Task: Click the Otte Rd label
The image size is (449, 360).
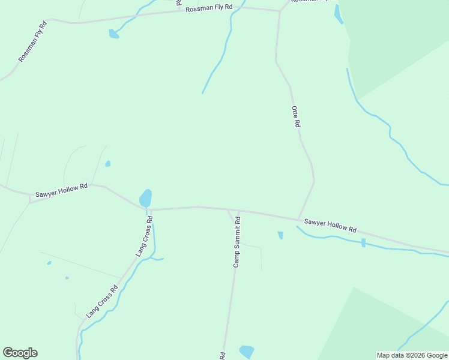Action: tap(295, 116)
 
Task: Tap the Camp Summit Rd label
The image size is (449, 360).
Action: tap(237, 242)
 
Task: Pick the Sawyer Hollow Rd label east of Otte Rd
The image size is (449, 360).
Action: tap(330, 226)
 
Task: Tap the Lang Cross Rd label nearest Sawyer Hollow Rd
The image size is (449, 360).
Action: tap(144, 236)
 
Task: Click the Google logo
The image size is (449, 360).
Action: tap(20, 353)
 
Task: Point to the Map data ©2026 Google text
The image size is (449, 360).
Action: tap(412, 355)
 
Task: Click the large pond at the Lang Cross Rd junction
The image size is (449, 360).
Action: tap(145, 197)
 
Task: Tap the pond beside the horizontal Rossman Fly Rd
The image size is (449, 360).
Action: tap(113, 34)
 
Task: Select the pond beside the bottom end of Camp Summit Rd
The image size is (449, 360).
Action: tap(247, 351)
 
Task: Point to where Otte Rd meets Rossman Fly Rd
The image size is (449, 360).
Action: tap(280, 11)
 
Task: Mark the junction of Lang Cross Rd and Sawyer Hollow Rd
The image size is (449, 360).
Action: tap(146, 210)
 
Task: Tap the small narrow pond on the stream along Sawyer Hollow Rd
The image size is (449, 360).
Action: tap(363, 242)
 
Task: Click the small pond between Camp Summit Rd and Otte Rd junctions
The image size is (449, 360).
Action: tap(280, 235)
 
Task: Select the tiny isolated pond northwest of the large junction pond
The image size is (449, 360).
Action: tap(108, 163)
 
